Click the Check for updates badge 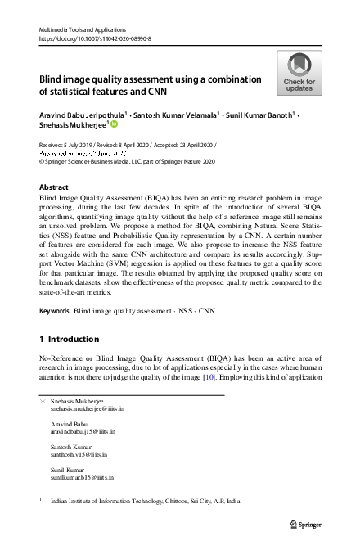(x=299, y=74)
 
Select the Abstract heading (x=54, y=187)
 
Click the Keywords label (x=54, y=312)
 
